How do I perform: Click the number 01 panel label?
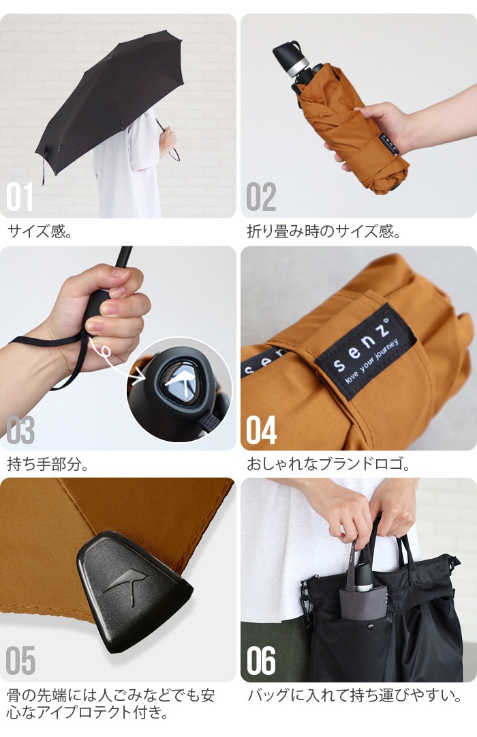pos(20,197)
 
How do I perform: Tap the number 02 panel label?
pos(261,197)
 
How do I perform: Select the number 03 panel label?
pos(20,431)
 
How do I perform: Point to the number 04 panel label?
pos(262,431)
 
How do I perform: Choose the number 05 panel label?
pos(20,661)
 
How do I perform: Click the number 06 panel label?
pos(262,661)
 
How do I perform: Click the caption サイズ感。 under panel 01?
pos(40,231)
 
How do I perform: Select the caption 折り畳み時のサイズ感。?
pos(324,231)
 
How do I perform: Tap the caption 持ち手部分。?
pos(48,465)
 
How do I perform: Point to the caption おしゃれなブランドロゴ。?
pos(328,465)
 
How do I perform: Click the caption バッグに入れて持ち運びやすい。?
pos(354,697)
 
